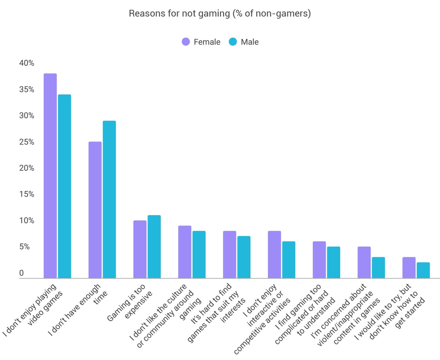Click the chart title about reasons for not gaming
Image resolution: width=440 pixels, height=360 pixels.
[220, 14]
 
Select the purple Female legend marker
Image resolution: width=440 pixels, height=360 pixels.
[186, 42]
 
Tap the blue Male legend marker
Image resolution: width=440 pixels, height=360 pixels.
[233, 42]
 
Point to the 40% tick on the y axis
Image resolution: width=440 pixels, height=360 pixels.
[26, 63]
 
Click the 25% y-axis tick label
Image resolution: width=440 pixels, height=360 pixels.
[26, 142]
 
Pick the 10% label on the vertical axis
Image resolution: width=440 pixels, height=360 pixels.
[26, 221]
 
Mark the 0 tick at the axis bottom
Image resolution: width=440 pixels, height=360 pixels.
[21, 273]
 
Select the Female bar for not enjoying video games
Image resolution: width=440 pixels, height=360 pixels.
[50, 176]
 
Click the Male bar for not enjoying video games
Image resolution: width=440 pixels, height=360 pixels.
[65, 186]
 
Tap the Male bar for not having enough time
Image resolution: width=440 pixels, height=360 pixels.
[109, 200]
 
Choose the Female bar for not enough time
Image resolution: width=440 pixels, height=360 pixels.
[95, 210]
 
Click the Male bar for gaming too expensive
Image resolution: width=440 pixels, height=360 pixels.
[154, 247]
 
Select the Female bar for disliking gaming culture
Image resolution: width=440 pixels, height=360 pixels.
[185, 252]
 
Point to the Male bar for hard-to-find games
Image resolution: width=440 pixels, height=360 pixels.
[244, 257]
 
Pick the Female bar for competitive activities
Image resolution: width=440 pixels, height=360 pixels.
[274, 254]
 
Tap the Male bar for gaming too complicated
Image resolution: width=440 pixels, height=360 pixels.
[333, 262]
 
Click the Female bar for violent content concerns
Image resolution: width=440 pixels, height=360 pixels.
[364, 262]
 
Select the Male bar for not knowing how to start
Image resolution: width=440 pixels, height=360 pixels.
[423, 270]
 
